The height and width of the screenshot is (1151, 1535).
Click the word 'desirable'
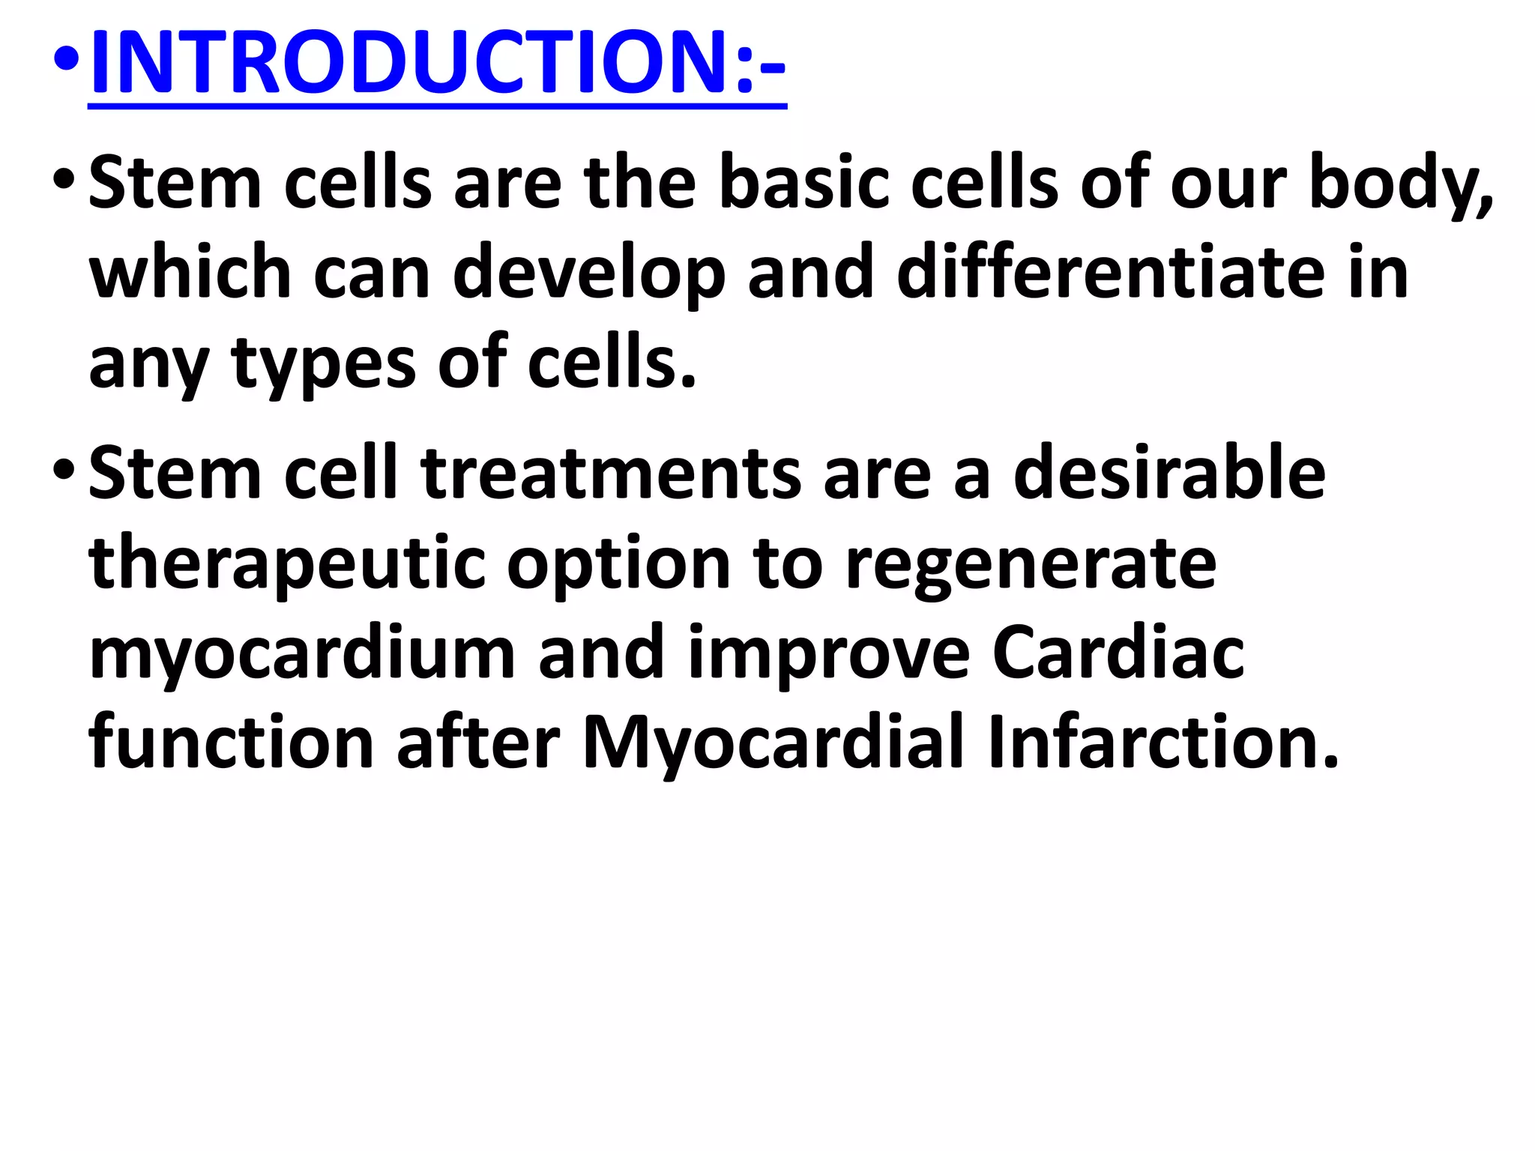[1169, 474]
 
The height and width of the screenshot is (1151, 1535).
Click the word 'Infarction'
[1162, 743]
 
